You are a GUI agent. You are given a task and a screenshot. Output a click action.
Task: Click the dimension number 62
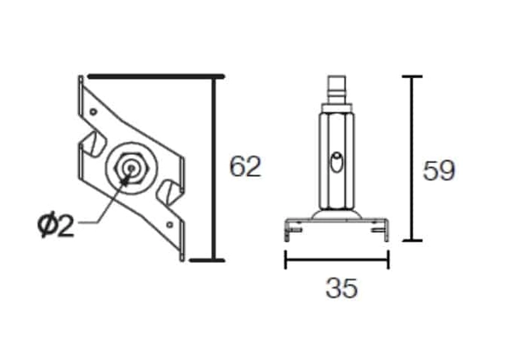[245, 166]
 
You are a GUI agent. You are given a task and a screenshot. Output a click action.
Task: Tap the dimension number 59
[438, 171]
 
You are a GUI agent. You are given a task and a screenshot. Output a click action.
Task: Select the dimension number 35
[342, 288]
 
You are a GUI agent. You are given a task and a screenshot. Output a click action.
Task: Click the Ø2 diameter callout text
[55, 226]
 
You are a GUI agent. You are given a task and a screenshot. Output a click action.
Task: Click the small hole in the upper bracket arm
[94, 111]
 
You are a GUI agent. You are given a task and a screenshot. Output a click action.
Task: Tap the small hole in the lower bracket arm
[170, 224]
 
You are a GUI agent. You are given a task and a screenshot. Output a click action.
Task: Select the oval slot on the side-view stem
[336, 163]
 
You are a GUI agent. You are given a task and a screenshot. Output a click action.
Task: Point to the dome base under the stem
[336, 215]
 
